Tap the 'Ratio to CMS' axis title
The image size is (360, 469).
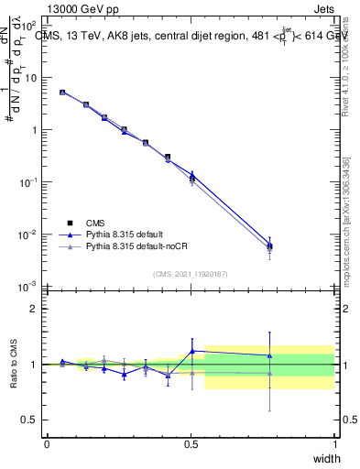14,364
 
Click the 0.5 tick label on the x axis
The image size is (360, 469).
191,445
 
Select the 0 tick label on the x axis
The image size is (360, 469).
47,445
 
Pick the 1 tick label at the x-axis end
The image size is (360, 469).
334,445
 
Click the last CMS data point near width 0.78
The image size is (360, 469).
269,246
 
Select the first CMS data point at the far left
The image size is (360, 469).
62,93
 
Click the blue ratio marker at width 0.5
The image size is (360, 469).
192,351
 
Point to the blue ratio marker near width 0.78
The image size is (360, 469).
269,355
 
